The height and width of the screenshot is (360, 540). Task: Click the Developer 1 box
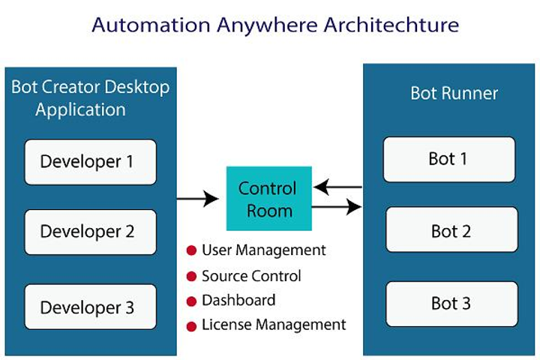pyautogui.click(x=90, y=162)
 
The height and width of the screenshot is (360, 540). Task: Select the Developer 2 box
pyautogui.click(x=90, y=232)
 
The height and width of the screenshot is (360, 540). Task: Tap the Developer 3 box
pyautogui.click(x=90, y=307)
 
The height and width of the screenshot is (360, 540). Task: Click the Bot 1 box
pyautogui.click(x=449, y=159)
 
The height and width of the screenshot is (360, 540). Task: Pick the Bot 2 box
pyautogui.click(x=451, y=231)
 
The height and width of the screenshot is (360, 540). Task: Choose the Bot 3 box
pyautogui.click(x=451, y=304)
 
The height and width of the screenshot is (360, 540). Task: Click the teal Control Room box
pyautogui.click(x=268, y=199)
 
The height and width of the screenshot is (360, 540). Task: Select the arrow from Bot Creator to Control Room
pyautogui.click(x=197, y=199)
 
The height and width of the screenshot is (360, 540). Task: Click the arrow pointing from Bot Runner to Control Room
pyautogui.click(x=337, y=187)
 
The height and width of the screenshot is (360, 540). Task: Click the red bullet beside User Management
pyautogui.click(x=191, y=250)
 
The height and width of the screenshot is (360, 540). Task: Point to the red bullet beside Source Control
pyautogui.click(x=191, y=276)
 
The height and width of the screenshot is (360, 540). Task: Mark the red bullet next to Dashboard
pyautogui.click(x=191, y=301)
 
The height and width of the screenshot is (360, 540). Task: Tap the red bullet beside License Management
pyautogui.click(x=191, y=325)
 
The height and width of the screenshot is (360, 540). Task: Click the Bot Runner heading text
pyautogui.click(x=454, y=94)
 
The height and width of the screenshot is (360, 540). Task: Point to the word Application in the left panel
pyautogui.click(x=80, y=110)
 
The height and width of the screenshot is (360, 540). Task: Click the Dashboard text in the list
pyautogui.click(x=238, y=301)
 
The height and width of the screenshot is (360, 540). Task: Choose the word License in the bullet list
pyautogui.click(x=226, y=325)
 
